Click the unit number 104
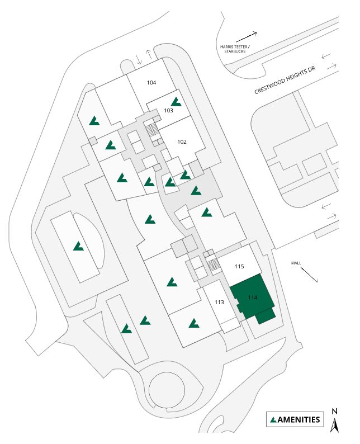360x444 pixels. [x=151, y=82]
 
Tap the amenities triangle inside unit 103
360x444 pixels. [x=177, y=102]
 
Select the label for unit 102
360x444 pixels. [x=182, y=141]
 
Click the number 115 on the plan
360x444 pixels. [x=239, y=267]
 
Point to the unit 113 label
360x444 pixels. [x=219, y=302]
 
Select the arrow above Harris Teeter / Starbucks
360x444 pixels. [x=249, y=35]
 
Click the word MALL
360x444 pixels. [x=296, y=262]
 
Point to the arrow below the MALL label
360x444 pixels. [x=309, y=274]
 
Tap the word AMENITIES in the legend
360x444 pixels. [x=299, y=419]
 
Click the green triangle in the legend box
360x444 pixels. [x=273, y=419]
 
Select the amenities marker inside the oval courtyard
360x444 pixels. [x=78, y=245]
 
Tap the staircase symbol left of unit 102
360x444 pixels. [x=151, y=130]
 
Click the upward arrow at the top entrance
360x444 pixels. [x=149, y=55]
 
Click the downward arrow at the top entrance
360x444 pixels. [x=139, y=60]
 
